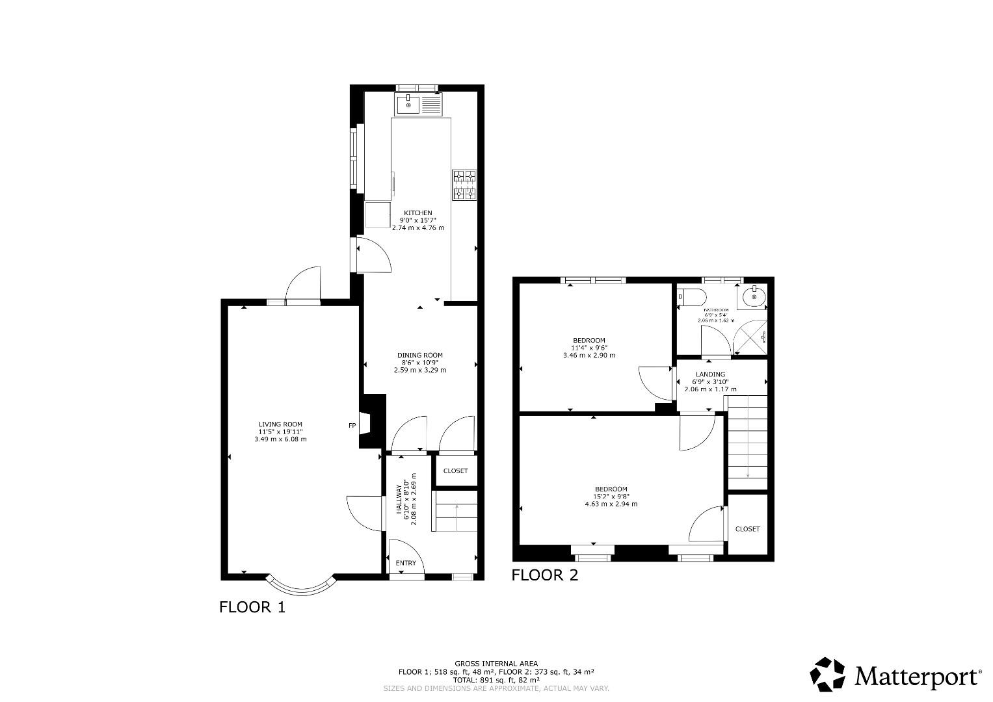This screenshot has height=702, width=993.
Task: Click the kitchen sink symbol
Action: click(x=408, y=104)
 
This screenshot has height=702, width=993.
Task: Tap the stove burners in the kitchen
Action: click(x=464, y=185)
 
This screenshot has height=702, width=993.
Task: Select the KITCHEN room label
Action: click(x=418, y=213)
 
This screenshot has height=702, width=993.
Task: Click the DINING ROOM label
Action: click(x=420, y=355)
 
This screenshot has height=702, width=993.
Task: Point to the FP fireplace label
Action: click(x=352, y=426)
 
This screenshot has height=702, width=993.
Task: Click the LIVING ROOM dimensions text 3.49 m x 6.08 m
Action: click(x=280, y=439)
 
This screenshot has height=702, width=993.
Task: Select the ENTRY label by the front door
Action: click(x=406, y=563)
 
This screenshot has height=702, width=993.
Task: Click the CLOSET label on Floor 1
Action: click(x=455, y=471)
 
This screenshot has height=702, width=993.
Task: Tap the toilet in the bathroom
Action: click(x=692, y=298)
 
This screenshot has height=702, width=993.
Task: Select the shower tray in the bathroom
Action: click(x=750, y=337)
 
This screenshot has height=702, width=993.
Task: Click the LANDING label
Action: click(x=710, y=374)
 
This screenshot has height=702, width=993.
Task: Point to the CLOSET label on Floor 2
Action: click(x=747, y=529)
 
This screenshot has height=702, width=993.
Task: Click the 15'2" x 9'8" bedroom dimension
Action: click(x=611, y=497)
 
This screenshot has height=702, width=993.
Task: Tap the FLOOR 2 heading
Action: click(x=544, y=575)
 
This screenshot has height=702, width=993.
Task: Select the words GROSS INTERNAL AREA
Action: click(x=496, y=664)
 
